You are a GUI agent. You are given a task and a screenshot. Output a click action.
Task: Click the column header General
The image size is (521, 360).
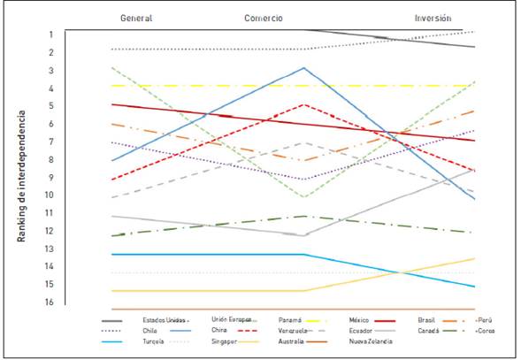136,17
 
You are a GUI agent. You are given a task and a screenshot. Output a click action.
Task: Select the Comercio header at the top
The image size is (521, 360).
269,17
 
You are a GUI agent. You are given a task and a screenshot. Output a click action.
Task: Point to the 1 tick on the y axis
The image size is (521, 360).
77,34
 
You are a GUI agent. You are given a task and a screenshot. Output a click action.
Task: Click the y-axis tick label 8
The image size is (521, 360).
77,159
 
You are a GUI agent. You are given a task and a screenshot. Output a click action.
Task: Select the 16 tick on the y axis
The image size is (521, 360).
75,302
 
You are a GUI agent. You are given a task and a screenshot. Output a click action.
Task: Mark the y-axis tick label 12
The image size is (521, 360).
75,231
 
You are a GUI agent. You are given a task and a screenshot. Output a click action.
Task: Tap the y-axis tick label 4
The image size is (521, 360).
77,88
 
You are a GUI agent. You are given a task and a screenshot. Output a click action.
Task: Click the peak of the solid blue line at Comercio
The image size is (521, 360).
303,67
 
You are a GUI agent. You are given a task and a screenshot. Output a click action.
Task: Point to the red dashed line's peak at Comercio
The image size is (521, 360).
303,104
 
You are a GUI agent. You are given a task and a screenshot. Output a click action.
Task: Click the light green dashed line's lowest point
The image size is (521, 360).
303,196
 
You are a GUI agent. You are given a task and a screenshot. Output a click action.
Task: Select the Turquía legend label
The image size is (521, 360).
155,342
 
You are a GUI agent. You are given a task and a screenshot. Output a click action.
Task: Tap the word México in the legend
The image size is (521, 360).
364,318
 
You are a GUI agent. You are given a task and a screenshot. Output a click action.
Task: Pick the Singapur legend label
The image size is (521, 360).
226,342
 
